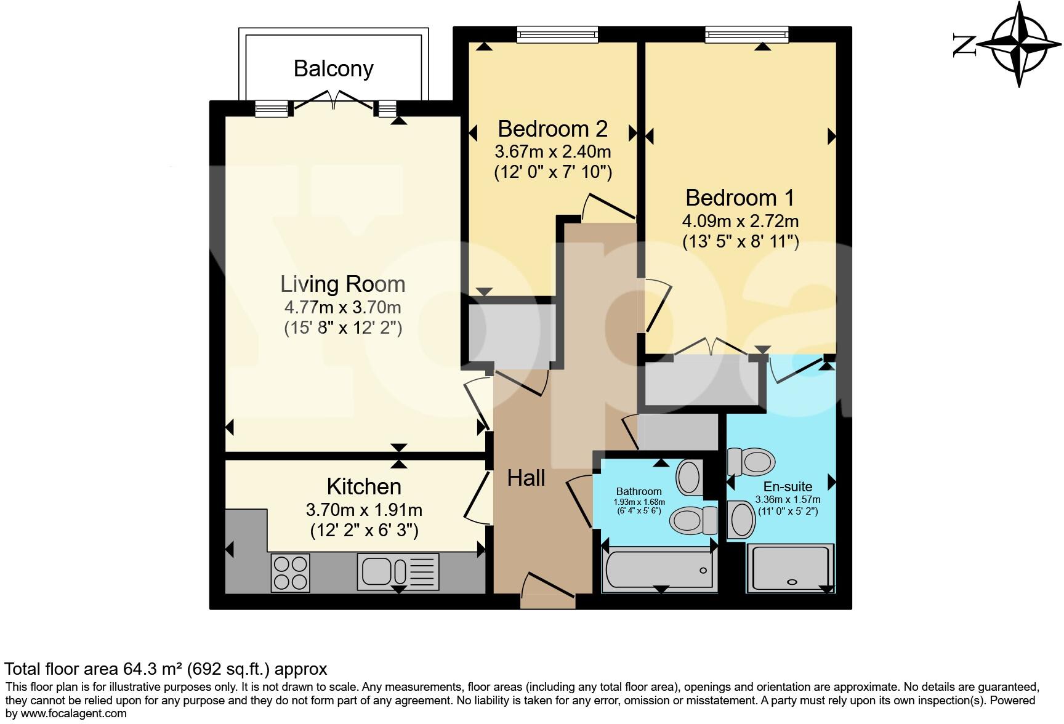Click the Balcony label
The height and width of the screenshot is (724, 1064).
point(333,68)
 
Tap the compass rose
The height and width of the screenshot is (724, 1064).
point(1019,44)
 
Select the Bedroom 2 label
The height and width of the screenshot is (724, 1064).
point(552,129)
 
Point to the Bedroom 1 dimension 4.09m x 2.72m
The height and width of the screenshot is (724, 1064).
point(740,220)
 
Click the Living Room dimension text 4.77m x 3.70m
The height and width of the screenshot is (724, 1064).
point(342,307)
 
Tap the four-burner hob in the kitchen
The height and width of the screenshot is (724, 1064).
point(291,573)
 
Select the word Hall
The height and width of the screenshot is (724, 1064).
point(526,478)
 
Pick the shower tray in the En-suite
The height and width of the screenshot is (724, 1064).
point(790,568)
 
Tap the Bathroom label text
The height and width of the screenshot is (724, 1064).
point(639,491)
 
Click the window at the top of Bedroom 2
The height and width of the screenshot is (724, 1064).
point(557,34)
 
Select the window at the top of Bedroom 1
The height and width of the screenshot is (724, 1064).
point(746,34)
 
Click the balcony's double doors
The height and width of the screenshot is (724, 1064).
point(334,101)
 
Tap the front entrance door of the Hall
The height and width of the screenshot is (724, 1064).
point(547,588)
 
